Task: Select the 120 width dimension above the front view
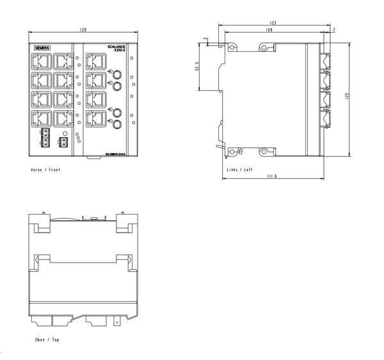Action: point(83,30)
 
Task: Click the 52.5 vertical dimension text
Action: point(198,67)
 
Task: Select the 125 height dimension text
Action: point(347,95)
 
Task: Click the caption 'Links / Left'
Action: point(240,170)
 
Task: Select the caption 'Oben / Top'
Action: point(47,340)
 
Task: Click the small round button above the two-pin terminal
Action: point(64,131)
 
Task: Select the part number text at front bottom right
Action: point(115,154)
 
